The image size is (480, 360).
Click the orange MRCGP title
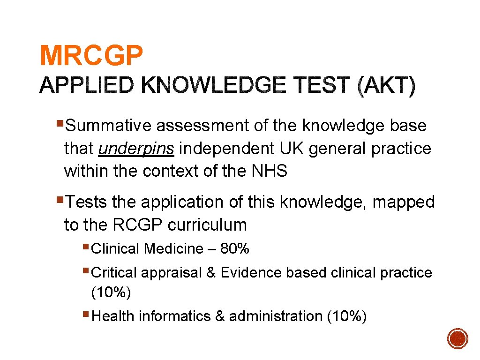[x=91, y=56]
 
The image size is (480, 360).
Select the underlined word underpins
[x=136, y=149]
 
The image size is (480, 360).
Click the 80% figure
[x=235, y=248]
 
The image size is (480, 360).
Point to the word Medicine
[x=173, y=248]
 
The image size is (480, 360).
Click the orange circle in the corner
[x=457, y=338]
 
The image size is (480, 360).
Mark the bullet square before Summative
[x=60, y=124]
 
